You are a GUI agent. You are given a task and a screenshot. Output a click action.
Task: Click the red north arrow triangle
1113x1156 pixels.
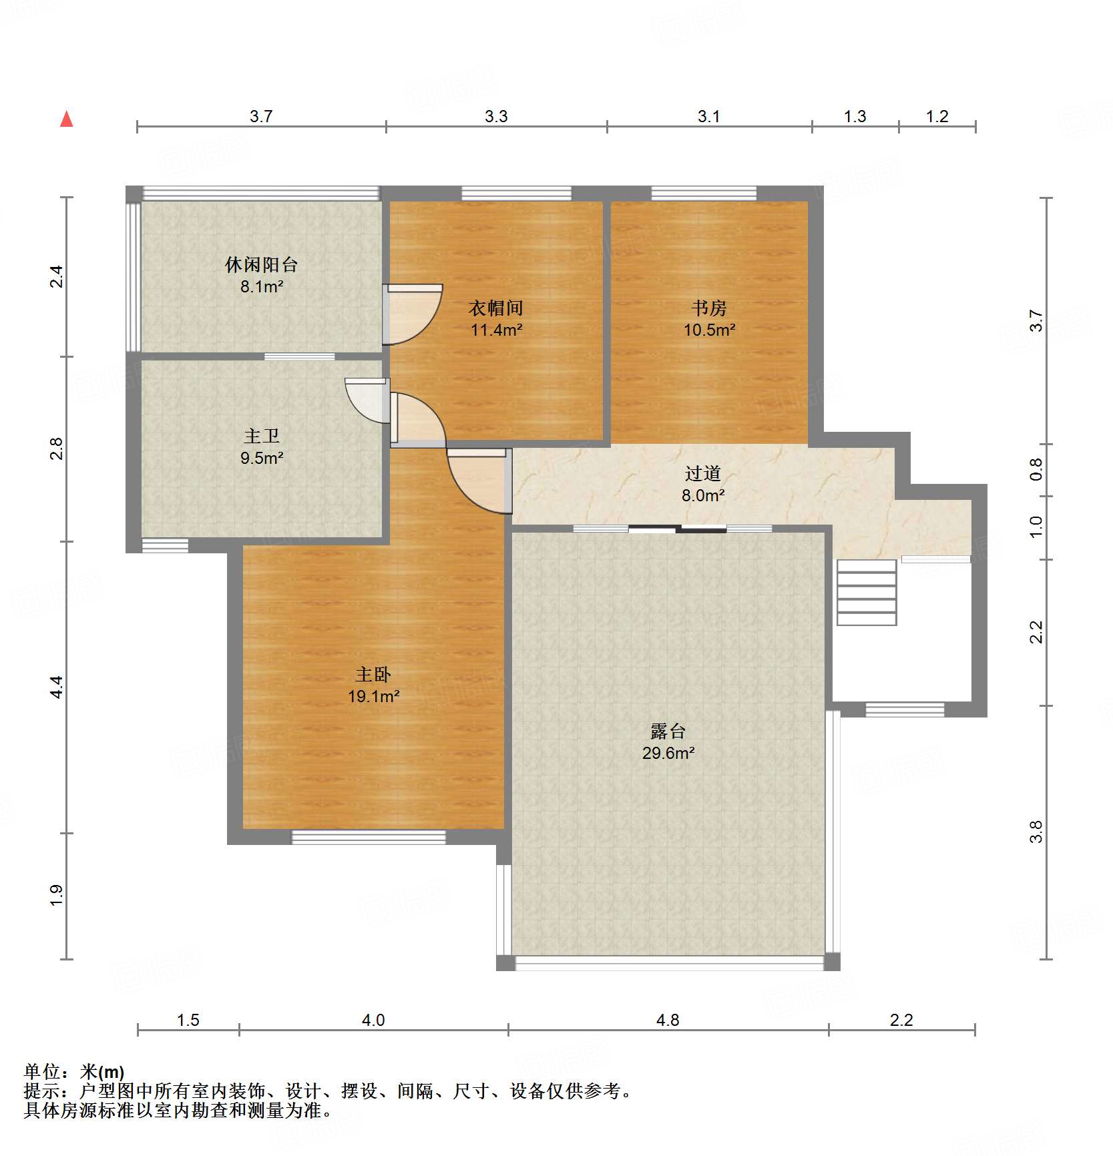67,119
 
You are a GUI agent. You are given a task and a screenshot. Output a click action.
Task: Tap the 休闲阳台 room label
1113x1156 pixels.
261,265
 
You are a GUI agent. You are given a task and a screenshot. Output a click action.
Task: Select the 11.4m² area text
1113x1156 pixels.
496,330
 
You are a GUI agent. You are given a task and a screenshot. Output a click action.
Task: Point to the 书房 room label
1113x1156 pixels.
709,308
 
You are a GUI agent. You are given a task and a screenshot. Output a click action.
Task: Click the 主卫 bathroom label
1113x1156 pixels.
262,437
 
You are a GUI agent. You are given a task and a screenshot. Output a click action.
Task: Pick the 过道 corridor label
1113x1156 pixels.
703,474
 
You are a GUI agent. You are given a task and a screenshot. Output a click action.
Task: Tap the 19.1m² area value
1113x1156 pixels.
373,697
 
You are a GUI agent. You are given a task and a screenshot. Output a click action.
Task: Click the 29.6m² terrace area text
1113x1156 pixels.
668,754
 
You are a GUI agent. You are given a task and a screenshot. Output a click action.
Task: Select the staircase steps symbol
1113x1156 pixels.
867,593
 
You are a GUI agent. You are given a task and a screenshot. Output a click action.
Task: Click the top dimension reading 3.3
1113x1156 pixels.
496,116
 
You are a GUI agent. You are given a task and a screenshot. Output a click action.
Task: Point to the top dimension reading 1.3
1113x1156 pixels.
855,116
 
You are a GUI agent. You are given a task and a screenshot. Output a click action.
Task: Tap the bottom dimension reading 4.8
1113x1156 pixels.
668,1020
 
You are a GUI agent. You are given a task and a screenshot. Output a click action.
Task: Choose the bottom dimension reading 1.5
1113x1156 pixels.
188,1020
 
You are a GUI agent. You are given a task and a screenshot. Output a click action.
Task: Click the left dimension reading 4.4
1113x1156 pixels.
57,687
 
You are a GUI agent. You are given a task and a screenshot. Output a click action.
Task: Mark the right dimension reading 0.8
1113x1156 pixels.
1036,470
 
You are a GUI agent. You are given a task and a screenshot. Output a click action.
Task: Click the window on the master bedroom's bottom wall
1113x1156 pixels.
369,837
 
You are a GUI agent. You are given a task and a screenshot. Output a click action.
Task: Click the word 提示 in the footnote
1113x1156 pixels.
41,1091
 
